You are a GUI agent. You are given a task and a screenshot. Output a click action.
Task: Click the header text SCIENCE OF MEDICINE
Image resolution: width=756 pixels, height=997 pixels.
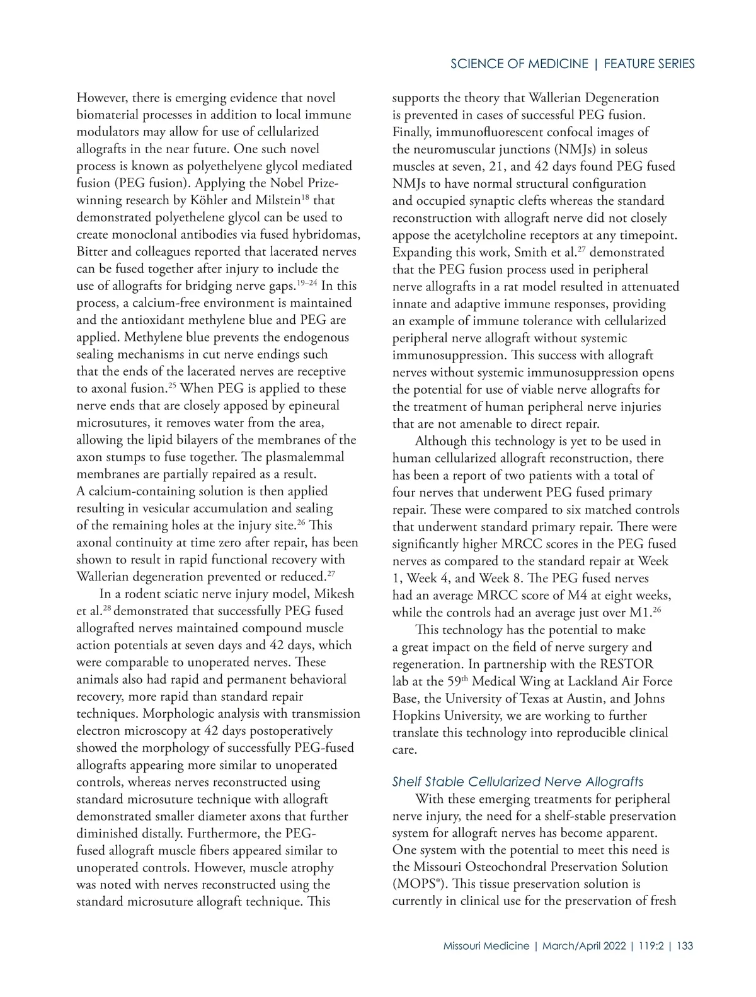[519, 64]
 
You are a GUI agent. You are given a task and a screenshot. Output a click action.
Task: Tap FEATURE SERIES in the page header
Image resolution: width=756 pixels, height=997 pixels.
[649, 64]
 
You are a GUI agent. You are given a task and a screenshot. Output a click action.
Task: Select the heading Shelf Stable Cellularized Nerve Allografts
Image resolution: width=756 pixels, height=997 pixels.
[517, 782]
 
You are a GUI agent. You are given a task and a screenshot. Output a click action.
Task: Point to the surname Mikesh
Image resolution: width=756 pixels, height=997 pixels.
[334, 594]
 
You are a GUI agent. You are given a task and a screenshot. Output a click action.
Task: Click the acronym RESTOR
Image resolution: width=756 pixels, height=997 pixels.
[626, 664]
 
